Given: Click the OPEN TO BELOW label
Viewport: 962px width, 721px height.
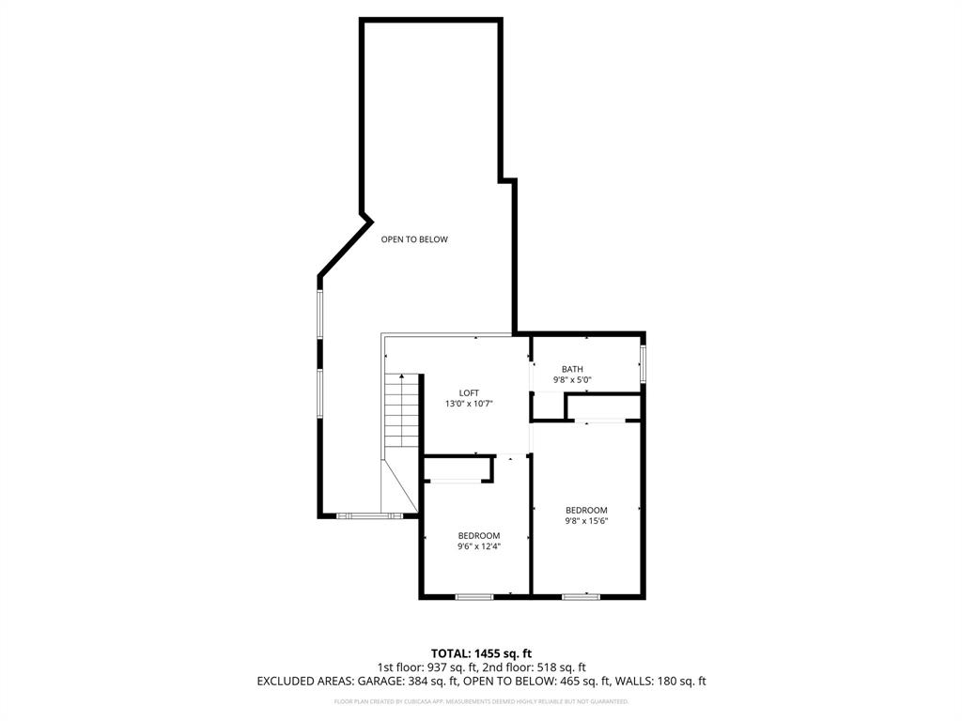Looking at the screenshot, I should pos(414,239).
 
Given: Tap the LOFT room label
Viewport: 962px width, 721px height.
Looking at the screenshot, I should pos(469,392).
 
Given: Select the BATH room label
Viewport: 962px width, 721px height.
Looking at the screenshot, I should pos(572,369).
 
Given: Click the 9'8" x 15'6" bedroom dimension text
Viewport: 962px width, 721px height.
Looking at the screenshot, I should pos(586,521).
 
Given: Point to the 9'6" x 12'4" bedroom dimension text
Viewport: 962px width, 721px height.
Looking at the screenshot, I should pos(479,545).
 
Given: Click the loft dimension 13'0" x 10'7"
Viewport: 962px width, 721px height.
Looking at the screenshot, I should pos(469,404).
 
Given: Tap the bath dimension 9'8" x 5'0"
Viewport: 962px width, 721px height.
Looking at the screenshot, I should pos(572,380).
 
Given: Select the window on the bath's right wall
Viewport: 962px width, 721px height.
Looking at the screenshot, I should pos(643,363).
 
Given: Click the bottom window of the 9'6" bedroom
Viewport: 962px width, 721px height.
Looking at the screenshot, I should pos(473,596).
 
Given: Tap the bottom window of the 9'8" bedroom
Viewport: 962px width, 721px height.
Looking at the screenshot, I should pos(581,596).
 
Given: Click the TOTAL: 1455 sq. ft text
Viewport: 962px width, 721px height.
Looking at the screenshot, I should pos(481,652).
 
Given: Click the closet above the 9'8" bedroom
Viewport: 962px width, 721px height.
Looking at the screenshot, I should pos(603,407).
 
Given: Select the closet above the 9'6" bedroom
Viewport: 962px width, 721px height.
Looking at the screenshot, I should pos(458,468).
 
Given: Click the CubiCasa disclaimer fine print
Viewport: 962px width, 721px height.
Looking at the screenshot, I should pos(481,701).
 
